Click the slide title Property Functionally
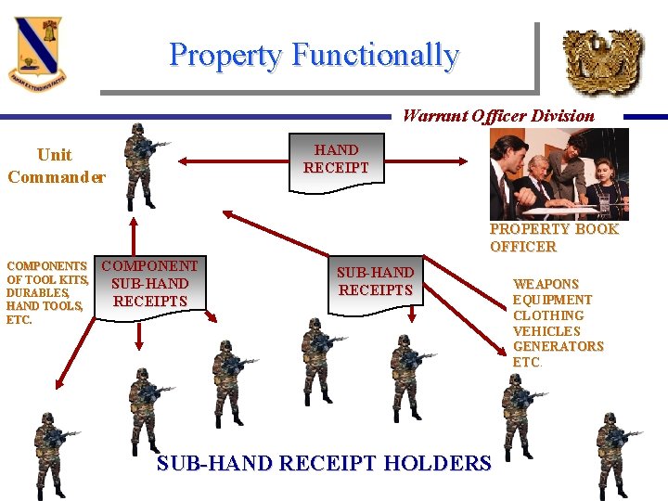[x=314, y=56]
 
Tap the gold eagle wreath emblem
[x=603, y=59]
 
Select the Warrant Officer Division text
[x=498, y=116]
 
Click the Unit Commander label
[x=56, y=165]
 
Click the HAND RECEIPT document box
[x=335, y=160]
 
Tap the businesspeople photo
[x=559, y=173]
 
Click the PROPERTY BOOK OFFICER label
[x=554, y=238]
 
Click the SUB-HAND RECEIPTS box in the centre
[x=375, y=282]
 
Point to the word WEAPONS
[x=546, y=284]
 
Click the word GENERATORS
[x=558, y=347]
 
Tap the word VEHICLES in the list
[x=546, y=331]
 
